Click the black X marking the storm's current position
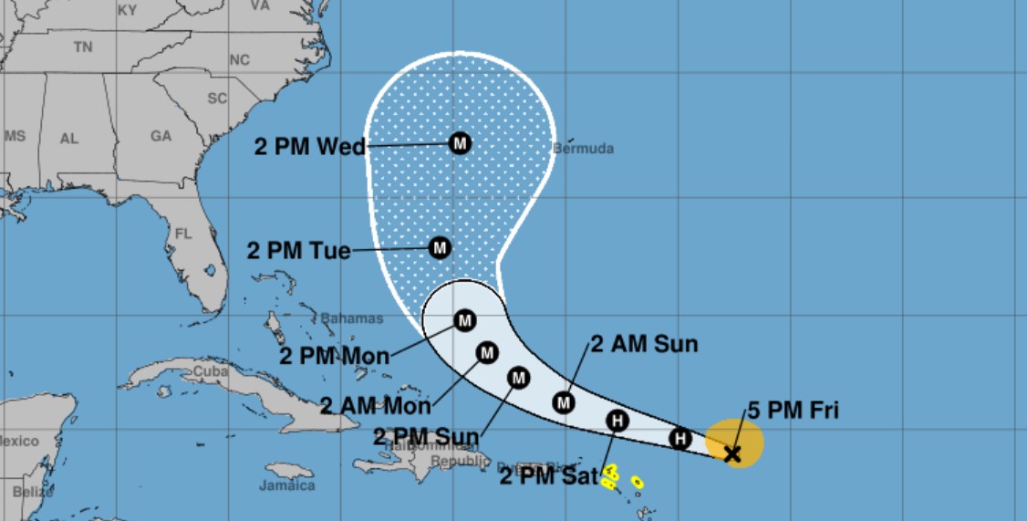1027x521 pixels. click(x=731, y=453)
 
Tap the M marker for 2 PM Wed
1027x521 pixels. click(x=460, y=143)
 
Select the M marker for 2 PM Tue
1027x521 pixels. click(x=440, y=247)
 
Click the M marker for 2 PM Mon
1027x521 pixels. click(x=464, y=320)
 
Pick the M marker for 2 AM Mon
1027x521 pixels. click(x=487, y=352)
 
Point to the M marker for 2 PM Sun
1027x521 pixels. click(x=518, y=377)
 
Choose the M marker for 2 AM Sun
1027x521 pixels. click(x=564, y=401)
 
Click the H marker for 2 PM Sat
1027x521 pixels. click(x=617, y=421)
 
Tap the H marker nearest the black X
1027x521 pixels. click(x=679, y=439)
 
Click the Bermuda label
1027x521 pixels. click(x=584, y=149)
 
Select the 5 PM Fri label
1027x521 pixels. click(x=793, y=412)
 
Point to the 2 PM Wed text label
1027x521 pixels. click(x=309, y=147)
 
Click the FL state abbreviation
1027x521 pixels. click(x=183, y=234)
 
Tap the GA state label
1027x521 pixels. click(x=161, y=136)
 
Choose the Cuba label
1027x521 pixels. click(x=209, y=372)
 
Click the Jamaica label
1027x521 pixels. click(x=286, y=485)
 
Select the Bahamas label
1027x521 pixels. click(x=351, y=318)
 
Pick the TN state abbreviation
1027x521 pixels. click(x=83, y=47)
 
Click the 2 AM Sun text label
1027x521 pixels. click(x=644, y=344)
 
